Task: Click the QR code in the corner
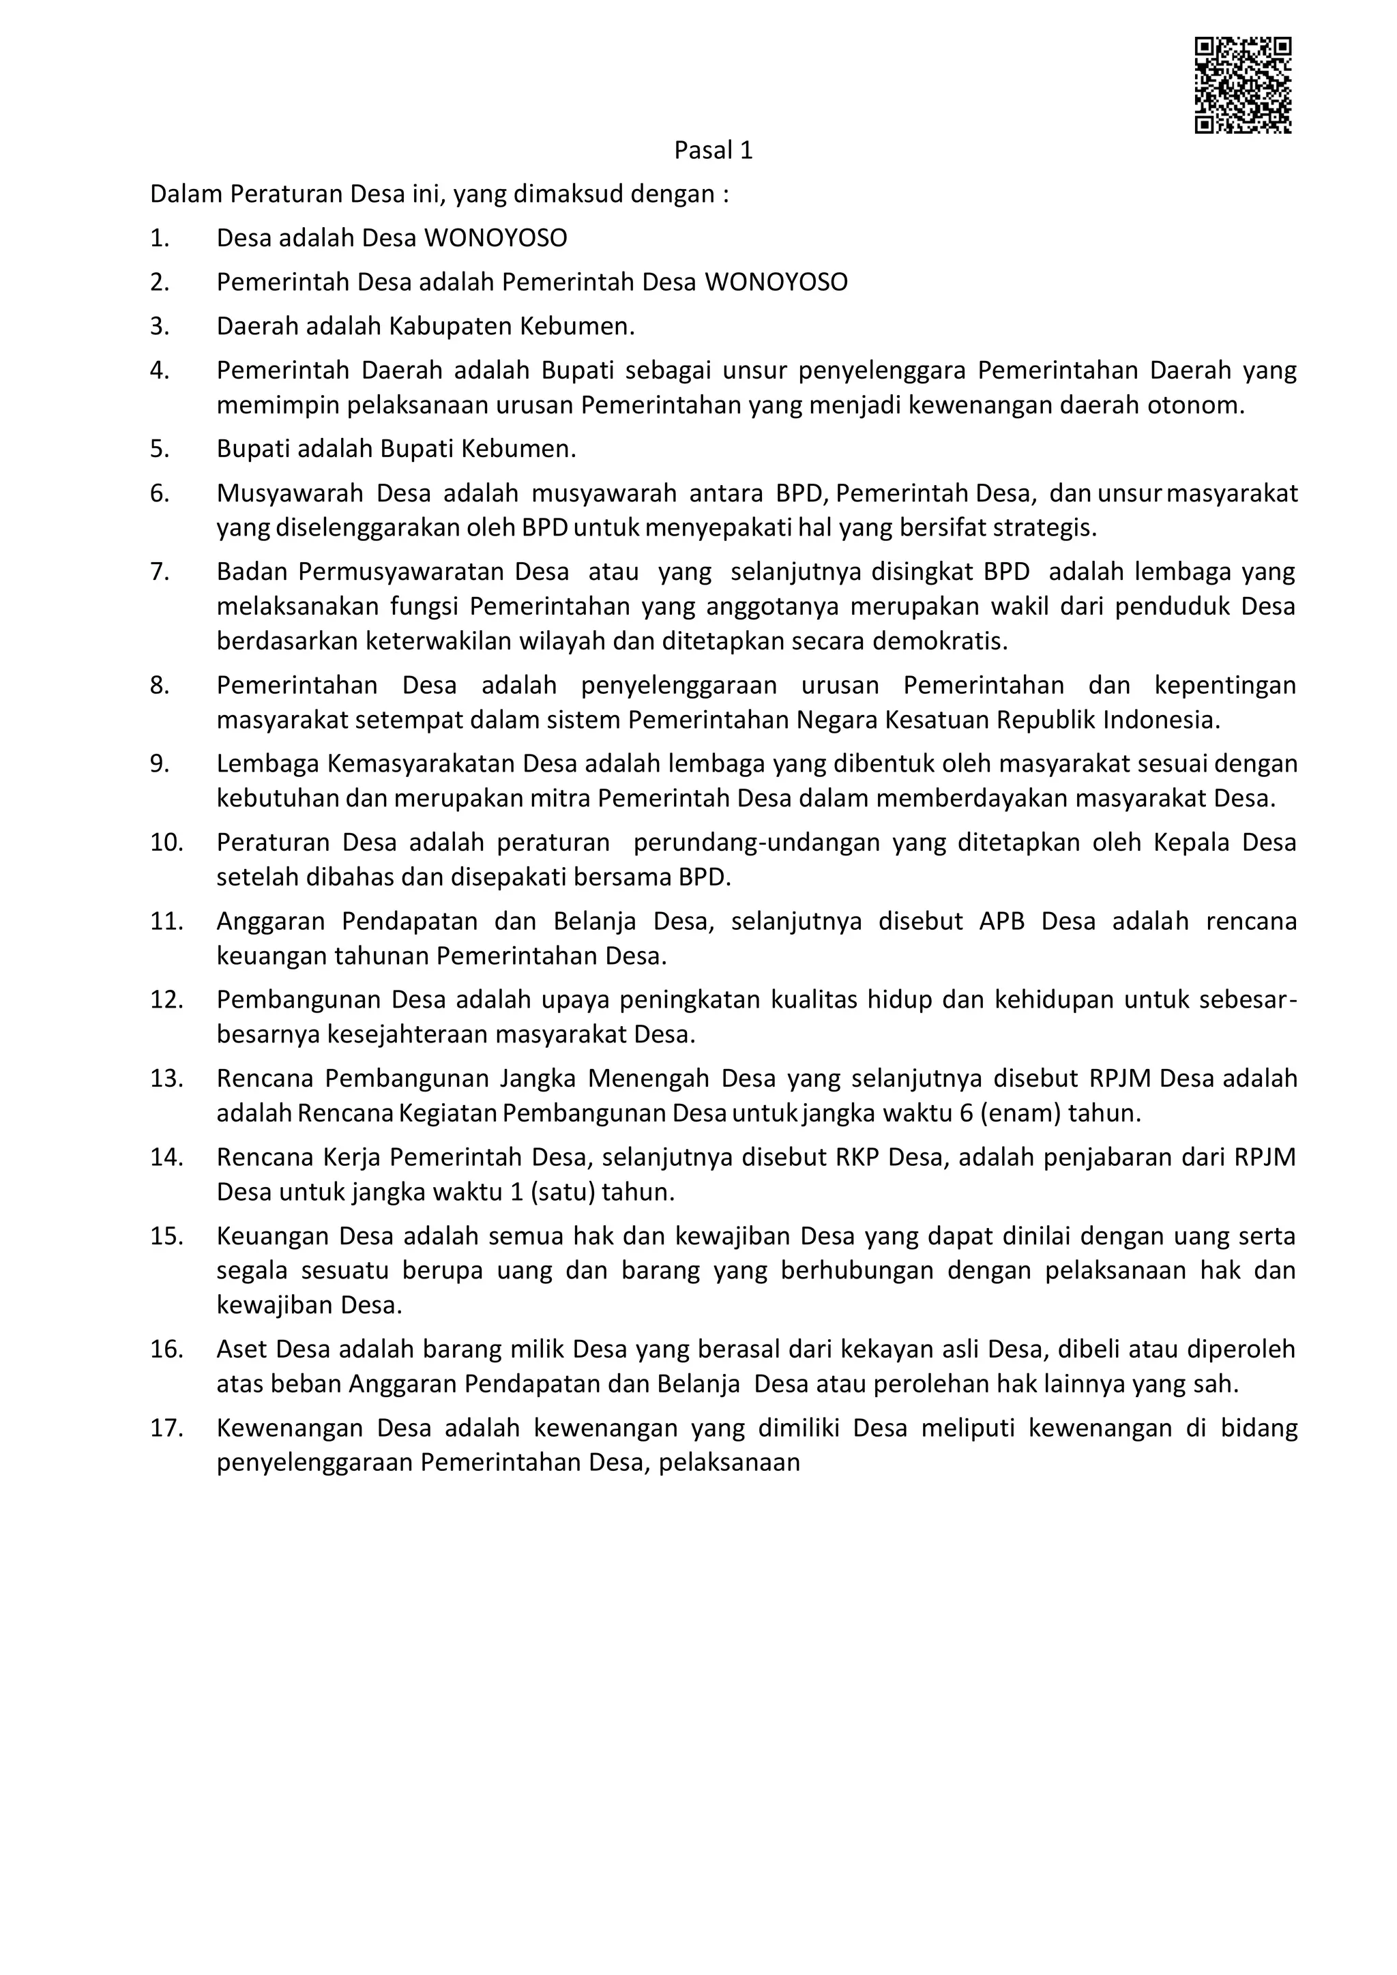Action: pos(1242,85)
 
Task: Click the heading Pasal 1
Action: pos(713,151)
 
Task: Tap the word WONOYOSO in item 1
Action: pos(495,238)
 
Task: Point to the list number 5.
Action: pos(159,449)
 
